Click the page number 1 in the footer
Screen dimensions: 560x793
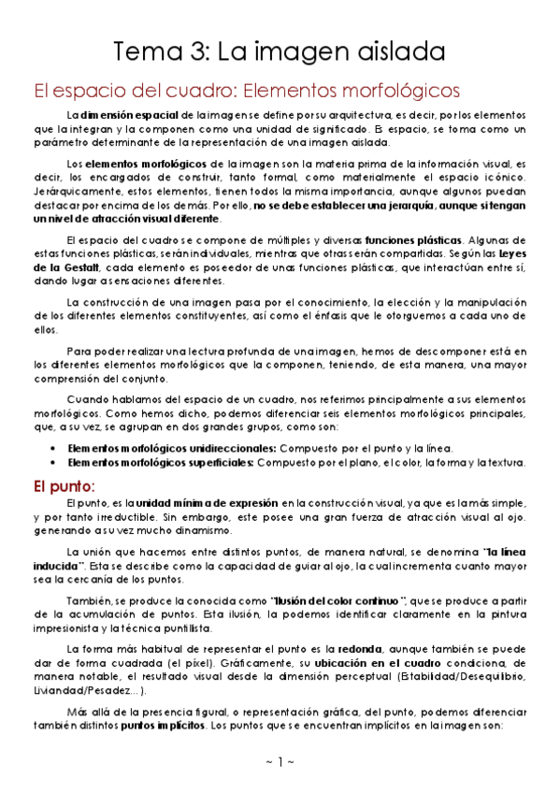coord(280,761)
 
